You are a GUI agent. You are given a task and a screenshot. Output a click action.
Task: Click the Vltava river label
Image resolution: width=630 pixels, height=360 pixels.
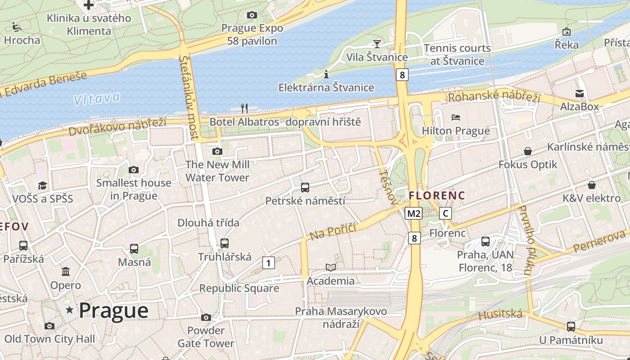pyautogui.click(x=97, y=99)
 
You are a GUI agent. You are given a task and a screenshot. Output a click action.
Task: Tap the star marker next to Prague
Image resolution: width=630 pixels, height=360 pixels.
pyautogui.click(x=69, y=310)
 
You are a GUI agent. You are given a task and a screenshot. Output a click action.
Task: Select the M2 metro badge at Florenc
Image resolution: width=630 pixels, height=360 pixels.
pyautogui.click(x=414, y=213)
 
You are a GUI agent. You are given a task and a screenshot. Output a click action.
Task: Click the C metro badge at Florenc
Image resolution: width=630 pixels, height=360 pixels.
pyautogui.click(x=445, y=213)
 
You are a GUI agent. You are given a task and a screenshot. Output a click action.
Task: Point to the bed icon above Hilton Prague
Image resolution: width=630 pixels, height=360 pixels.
pyautogui.click(x=456, y=117)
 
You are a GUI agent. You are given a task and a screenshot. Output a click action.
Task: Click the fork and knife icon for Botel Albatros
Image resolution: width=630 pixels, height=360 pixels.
pyautogui.click(x=244, y=108)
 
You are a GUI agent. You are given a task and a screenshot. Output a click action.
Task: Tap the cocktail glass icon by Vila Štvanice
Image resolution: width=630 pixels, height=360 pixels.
pyautogui.click(x=377, y=44)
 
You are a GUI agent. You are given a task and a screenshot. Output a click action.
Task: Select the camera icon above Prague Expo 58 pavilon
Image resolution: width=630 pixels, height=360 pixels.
pyautogui.click(x=252, y=15)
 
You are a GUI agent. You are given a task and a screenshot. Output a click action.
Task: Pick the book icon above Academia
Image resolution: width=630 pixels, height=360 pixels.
pyautogui.click(x=331, y=267)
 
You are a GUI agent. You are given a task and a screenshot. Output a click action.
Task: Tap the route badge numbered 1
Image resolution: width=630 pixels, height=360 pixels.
pyautogui.click(x=268, y=263)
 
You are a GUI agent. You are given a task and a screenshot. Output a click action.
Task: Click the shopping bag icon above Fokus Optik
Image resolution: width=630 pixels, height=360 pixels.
pyautogui.click(x=528, y=151)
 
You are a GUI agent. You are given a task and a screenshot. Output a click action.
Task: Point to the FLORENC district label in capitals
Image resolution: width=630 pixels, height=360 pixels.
pyautogui.click(x=436, y=196)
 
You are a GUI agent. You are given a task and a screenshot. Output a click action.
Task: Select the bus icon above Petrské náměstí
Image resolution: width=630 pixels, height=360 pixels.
pyautogui.click(x=305, y=187)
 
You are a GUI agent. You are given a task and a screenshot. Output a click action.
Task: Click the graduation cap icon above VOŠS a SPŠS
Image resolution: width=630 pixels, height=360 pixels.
pyautogui.click(x=42, y=185)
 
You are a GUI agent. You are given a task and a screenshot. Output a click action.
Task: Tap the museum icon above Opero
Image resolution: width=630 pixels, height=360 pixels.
pyautogui.click(x=66, y=272)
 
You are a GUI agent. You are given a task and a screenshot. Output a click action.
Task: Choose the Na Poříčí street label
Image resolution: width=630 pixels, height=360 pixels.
pyautogui.click(x=333, y=231)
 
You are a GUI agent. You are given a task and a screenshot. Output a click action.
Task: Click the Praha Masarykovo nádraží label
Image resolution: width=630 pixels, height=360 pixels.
pyautogui.click(x=341, y=317)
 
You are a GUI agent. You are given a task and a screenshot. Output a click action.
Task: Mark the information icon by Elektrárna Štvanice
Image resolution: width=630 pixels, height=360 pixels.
pyautogui.click(x=326, y=74)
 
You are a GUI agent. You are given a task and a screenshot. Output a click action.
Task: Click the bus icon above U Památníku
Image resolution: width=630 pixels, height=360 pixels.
pyautogui.click(x=571, y=326)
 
